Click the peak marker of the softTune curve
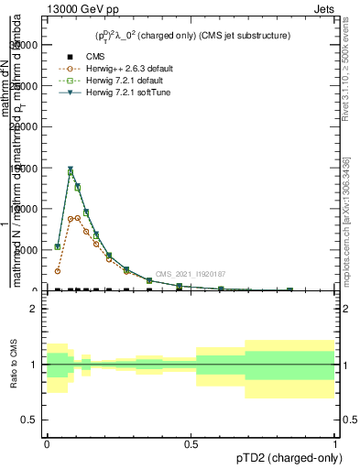pos(71,169)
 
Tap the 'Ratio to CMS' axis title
pos(13,365)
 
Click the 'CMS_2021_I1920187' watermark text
pos(190,274)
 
